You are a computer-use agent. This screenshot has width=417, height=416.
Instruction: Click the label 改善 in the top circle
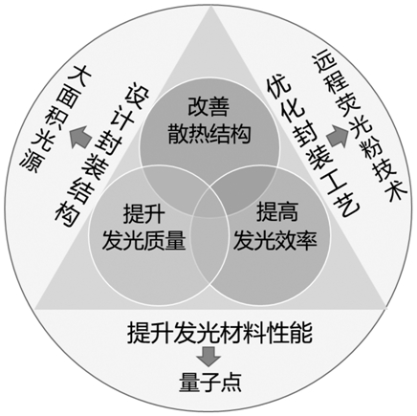208,106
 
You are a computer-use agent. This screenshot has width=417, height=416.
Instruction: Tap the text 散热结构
208,133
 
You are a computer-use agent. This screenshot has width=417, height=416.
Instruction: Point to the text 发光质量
143,240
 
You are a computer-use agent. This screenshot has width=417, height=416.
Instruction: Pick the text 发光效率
275,239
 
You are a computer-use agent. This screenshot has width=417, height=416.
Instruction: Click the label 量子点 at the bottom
210,383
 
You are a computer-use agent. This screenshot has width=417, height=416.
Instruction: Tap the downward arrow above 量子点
208,356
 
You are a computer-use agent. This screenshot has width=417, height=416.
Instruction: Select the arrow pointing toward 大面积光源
81,137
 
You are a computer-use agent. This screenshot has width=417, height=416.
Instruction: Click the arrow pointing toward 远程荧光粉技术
337,136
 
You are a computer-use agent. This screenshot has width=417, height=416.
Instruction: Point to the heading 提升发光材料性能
220,333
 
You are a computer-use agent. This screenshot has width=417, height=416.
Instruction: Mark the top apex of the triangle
211,7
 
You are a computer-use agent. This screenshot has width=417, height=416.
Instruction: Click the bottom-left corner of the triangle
35,309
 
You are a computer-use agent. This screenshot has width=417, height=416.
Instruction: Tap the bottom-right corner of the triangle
386,308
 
